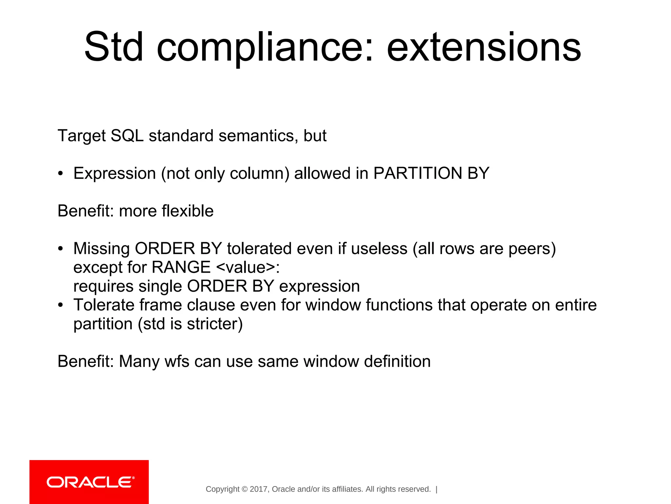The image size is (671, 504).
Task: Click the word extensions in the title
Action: tap(484, 48)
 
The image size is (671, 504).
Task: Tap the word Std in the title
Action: tap(114, 48)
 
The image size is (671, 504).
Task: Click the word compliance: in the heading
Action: tap(265, 48)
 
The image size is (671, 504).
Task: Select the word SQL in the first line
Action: tap(127, 136)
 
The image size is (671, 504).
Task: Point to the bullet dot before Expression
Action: tap(60, 174)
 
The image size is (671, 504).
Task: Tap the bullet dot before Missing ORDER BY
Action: tap(60, 249)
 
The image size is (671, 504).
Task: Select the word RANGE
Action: tap(181, 267)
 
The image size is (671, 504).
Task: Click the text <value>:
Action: tap(248, 268)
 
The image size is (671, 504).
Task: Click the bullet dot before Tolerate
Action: tap(60, 305)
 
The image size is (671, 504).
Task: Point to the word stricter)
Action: tap(215, 324)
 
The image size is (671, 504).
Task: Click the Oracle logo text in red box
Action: tap(90, 482)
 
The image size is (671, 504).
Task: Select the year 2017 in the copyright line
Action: tap(259, 489)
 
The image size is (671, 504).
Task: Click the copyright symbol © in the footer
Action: tap(244, 489)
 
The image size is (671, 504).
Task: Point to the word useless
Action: tap(379, 249)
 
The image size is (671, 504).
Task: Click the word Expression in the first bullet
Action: tap(114, 174)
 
